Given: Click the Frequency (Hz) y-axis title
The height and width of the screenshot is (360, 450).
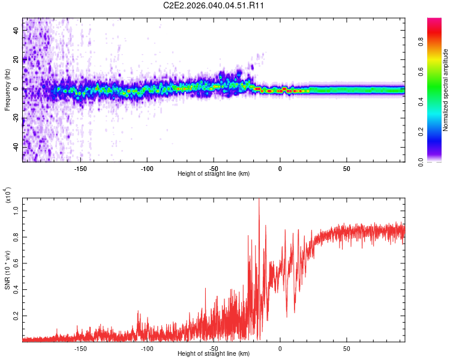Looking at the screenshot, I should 7,90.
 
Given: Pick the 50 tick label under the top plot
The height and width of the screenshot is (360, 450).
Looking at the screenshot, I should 346,168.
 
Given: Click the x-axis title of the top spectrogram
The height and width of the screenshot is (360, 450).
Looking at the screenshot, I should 214,174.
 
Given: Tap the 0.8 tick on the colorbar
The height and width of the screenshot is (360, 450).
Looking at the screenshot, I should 438,43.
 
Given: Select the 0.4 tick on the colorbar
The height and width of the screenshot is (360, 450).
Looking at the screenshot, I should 438,102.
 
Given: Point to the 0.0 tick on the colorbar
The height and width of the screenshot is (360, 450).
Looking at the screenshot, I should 438,161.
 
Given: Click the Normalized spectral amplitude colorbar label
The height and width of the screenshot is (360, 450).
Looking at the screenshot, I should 446,90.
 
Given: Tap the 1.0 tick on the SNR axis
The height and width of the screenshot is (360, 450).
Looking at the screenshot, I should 16,211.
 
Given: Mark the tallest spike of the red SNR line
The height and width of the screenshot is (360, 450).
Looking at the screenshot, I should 259,200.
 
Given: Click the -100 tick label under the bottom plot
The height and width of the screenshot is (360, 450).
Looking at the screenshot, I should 147,348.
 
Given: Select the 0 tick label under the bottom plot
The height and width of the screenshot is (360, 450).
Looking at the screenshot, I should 280,348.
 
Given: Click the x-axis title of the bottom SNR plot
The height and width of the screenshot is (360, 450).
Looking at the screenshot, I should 214,354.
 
